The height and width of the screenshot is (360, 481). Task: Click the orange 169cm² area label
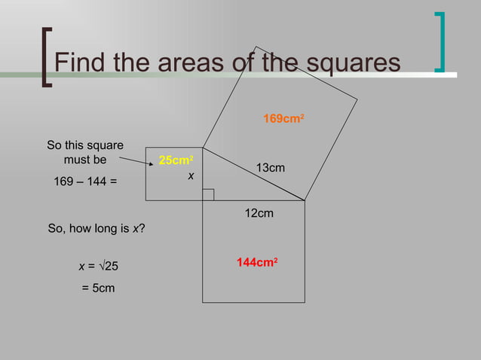point(283,119)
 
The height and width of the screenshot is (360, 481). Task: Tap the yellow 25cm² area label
point(176,160)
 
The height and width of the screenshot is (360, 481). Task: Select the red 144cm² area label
point(257,263)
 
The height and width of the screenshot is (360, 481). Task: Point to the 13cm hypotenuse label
point(271,168)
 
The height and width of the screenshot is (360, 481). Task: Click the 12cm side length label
point(259,215)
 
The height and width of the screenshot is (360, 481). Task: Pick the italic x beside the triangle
point(191,175)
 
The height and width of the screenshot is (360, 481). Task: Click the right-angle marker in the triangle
point(208,194)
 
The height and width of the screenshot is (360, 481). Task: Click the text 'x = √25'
point(97,266)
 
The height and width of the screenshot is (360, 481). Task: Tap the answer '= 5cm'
point(98,288)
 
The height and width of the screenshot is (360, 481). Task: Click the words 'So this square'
point(85,145)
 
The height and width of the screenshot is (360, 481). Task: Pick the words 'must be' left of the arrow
point(85,160)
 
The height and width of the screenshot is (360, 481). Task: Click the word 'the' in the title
point(281,63)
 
